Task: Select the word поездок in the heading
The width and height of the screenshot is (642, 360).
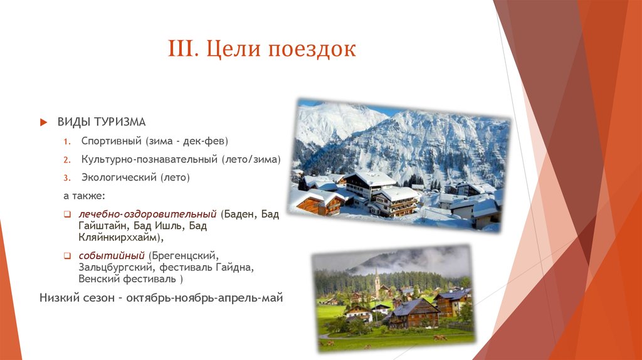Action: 312,49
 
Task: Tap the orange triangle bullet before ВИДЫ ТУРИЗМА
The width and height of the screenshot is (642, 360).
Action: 44,122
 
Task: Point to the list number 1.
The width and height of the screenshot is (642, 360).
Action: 66,142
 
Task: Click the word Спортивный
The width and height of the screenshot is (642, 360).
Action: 112,141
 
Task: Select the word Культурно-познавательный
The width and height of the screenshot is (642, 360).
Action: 149,159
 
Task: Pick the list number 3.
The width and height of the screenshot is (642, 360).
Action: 66,178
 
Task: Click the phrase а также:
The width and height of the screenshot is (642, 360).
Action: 85,196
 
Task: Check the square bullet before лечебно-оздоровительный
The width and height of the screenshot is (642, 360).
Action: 67,214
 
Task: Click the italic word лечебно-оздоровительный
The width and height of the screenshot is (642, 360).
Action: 147,214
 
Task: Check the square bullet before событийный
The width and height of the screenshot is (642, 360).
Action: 67,255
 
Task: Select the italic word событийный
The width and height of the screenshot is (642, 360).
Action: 112,255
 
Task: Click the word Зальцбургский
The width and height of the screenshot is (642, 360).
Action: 117,267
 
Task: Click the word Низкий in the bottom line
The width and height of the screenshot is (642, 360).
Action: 56,298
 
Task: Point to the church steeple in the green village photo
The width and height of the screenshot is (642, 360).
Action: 377,283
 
